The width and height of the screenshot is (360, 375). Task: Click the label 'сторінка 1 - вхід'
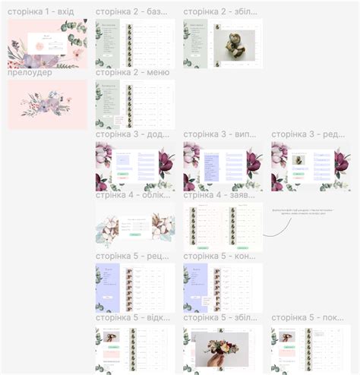click(x=40, y=12)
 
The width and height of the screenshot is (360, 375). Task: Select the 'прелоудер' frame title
click(x=30, y=72)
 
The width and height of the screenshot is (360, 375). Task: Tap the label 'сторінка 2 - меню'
click(x=132, y=72)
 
